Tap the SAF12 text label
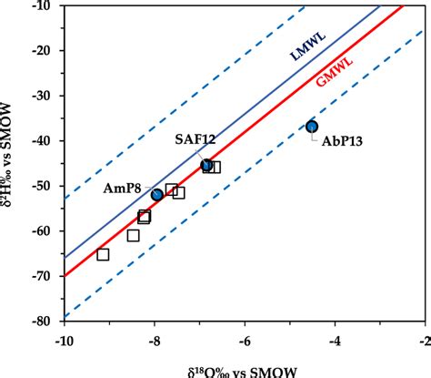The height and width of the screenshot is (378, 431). click(x=195, y=139)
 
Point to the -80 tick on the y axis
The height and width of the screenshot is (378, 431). click(x=45, y=322)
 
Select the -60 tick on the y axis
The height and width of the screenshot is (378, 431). click(x=45, y=231)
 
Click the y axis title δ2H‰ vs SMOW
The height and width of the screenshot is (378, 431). click(x=13, y=164)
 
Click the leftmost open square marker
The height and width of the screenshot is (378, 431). click(x=103, y=254)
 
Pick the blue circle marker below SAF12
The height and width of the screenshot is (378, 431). click(x=207, y=166)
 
